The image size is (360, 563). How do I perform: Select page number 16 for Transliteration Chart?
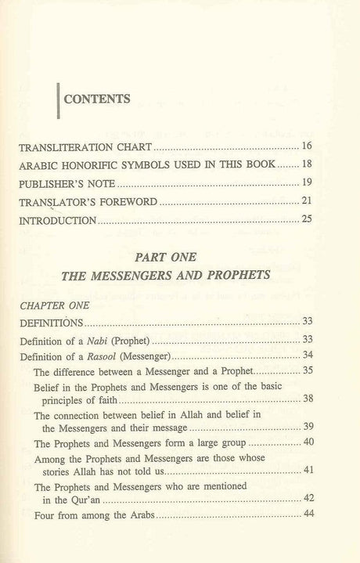pos(307,146)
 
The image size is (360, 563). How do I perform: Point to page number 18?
pos(307,165)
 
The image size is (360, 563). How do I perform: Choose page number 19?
pos(307,184)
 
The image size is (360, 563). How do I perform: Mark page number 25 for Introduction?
pos(307,221)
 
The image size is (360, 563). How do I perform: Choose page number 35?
pos(307,372)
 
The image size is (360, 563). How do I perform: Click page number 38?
pos(307,399)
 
